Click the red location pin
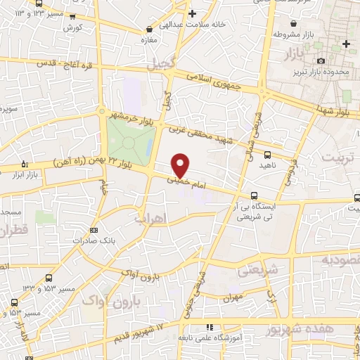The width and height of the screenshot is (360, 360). click(x=181, y=165)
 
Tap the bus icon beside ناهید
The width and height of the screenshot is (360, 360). click(x=267, y=155)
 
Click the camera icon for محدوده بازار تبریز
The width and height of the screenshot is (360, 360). click(x=321, y=61)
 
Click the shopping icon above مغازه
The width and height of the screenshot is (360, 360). click(x=149, y=29)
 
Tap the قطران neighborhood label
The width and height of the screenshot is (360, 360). click(x=13, y=230)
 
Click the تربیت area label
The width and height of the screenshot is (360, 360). click(x=340, y=157)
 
